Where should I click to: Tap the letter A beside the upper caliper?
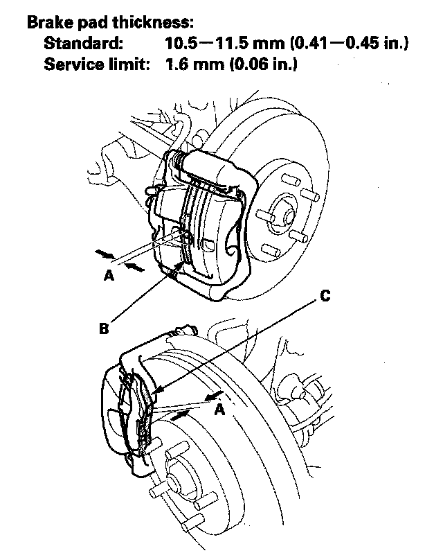click(109, 275)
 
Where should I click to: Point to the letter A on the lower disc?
click(221, 410)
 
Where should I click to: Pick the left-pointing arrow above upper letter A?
click(135, 268)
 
